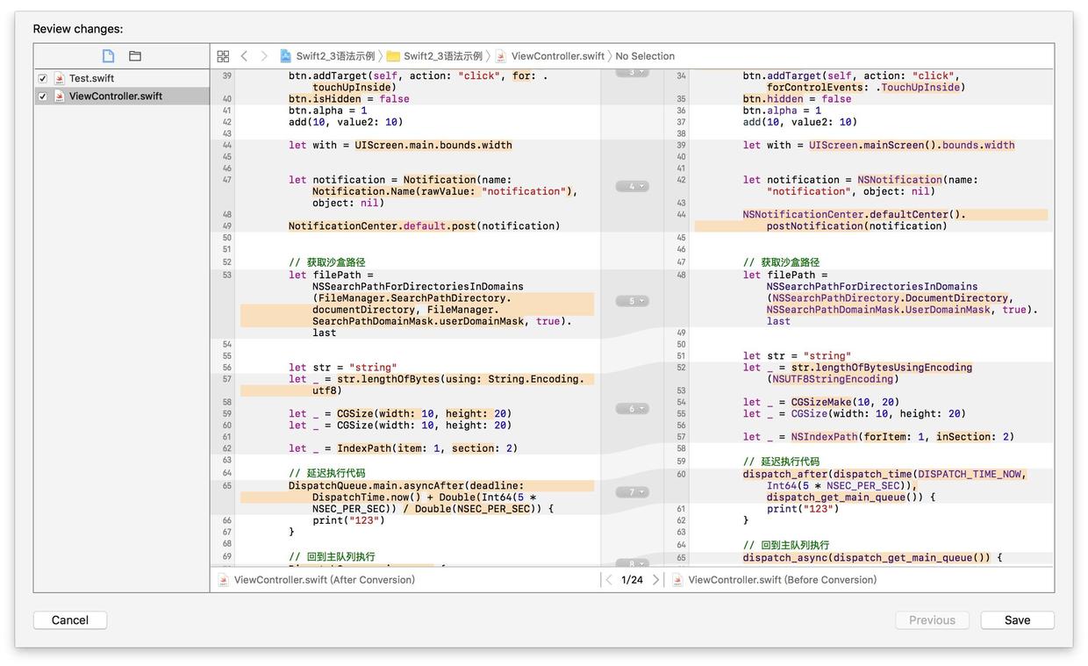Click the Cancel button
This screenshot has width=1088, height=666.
coord(70,619)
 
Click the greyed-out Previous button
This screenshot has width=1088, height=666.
coord(932,619)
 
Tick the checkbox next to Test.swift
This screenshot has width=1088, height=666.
coord(43,78)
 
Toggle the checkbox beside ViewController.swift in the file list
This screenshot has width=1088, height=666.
coord(43,97)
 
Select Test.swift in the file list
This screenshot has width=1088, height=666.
coord(91,78)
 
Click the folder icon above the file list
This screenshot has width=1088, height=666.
coord(135,56)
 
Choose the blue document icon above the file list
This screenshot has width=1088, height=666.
coord(108,56)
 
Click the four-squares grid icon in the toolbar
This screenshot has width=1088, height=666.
coord(223,56)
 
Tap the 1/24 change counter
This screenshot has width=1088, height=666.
coord(632,579)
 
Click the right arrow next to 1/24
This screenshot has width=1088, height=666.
coord(655,579)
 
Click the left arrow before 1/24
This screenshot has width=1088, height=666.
coord(609,579)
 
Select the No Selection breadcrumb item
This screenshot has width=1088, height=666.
coord(645,56)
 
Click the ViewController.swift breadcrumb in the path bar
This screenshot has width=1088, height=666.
coord(558,56)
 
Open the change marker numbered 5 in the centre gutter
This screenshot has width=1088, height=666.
coord(632,301)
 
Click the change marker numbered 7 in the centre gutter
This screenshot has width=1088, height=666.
coord(632,492)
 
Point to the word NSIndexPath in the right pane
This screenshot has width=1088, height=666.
coord(824,437)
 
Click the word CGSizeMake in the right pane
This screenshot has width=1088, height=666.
coord(821,402)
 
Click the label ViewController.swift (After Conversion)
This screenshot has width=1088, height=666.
coord(325,579)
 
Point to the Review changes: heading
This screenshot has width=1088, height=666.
coord(78,29)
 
